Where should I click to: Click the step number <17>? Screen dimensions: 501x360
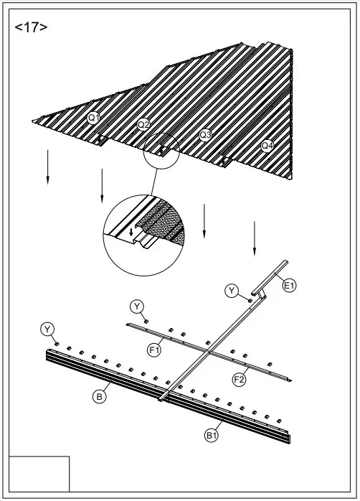31,28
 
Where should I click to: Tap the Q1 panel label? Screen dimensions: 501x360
94,117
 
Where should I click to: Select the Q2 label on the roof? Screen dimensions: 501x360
143,125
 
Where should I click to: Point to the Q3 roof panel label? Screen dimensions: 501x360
206,134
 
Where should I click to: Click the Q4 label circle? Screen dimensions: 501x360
267,145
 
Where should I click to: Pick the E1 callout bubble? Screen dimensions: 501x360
289,286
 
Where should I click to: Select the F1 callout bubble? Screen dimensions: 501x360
153,350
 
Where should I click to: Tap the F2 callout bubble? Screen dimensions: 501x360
240,378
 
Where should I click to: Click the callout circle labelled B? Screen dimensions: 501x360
100,395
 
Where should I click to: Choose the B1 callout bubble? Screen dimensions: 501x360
212,434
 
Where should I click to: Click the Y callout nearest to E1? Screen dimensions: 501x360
232,290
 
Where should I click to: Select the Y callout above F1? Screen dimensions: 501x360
137,306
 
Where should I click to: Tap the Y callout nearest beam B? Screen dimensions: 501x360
47,329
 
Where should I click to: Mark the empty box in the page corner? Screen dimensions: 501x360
39,474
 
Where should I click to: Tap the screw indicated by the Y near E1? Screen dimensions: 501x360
250,299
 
